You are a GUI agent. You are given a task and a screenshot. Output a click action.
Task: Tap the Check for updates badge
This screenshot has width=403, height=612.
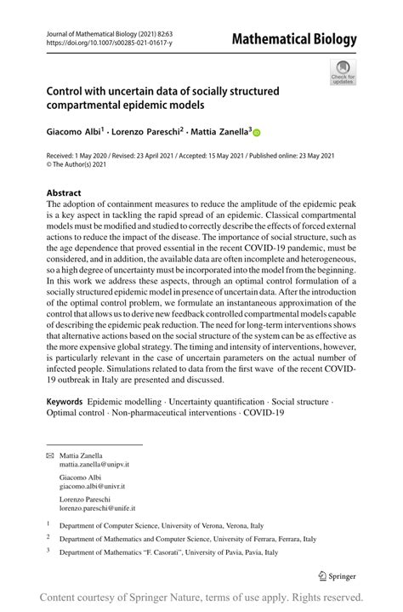pos(343,71)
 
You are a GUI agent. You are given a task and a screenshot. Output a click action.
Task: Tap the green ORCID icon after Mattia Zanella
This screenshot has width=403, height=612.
pos(256,134)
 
